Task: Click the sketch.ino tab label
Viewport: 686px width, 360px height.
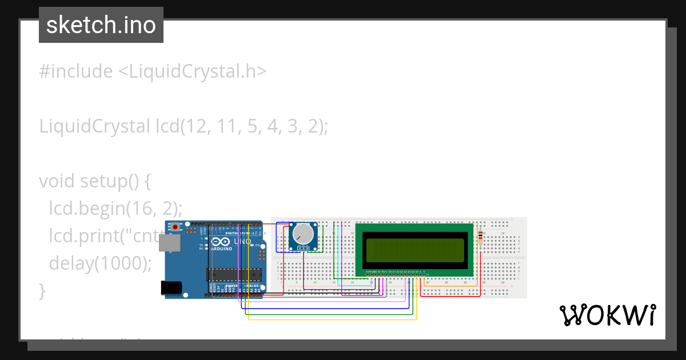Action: [x=101, y=25]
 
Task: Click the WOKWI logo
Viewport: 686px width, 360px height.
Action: [x=607, y=315]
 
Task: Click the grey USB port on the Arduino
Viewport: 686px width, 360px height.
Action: [x=170, y=243]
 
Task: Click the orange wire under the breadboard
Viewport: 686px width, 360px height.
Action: [x=452, y=285]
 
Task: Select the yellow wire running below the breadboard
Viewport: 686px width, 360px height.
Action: [x=332, y=319]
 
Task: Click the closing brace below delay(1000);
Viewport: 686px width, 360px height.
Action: [x=42, y=290]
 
